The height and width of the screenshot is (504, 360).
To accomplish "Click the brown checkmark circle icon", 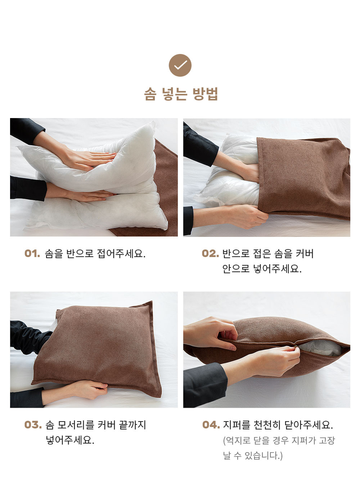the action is [x=180, y=65].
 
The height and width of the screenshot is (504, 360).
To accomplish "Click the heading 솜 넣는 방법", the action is [x=181, y=94].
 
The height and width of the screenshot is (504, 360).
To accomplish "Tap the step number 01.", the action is [x=32, y=254].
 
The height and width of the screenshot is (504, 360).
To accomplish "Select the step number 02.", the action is [x=210, y=254].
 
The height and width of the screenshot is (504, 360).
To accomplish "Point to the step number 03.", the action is [x=33, y=425].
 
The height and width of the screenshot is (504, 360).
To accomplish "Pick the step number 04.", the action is [x=211, y=425].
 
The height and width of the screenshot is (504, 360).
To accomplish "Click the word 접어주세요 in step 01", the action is [x=121, y=254].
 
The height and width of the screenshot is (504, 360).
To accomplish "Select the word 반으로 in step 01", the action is [x=80, y=254].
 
